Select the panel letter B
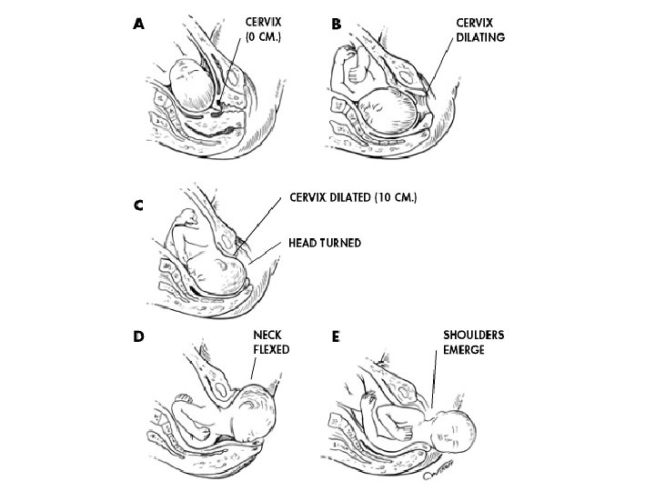pos(337,25)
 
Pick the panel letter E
pos(337,336)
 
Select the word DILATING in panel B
pos(480,38)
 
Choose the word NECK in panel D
pos(268,334)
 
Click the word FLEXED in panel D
pos(270,347)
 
